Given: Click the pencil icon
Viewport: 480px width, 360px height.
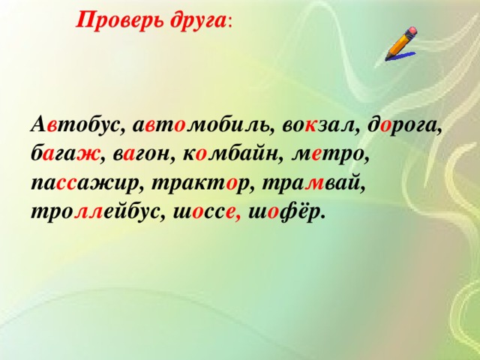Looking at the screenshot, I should tap(403, 43).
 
